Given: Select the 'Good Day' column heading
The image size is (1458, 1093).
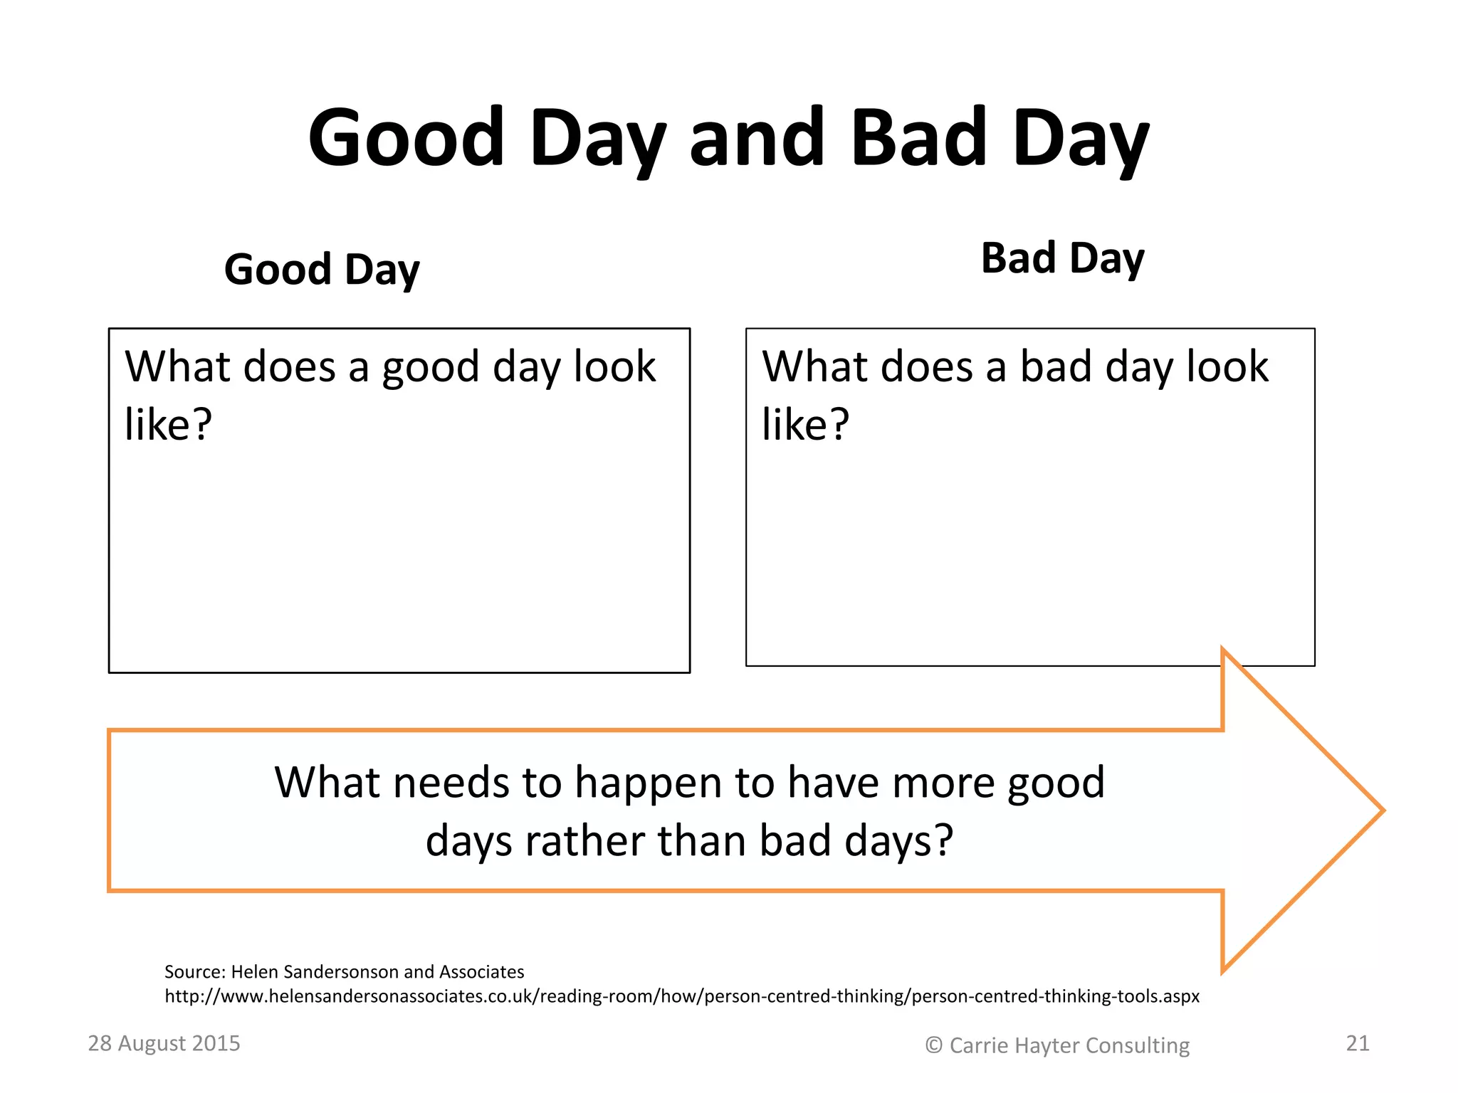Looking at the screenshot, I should (322, 270).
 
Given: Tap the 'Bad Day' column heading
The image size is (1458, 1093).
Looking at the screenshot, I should (1062, 258).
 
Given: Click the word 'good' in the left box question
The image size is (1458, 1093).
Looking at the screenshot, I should (430, 368).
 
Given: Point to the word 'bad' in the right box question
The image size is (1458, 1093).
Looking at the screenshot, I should (1055, 367).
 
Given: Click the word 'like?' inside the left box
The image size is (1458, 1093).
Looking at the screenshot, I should (168, 425).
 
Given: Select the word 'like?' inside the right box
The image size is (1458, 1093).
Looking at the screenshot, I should (805, 425).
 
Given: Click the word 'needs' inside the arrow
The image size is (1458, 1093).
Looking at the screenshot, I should (451, 783).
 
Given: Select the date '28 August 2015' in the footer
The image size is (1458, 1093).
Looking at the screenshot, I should (164, 1043).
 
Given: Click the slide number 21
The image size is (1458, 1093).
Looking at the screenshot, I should (1358, 1043).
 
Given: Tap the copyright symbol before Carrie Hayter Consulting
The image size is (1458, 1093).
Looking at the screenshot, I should (933, 1045).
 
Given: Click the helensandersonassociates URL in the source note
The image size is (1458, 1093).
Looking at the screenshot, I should (682, 996).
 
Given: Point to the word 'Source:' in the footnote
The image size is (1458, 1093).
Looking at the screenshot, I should (195, 972).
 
